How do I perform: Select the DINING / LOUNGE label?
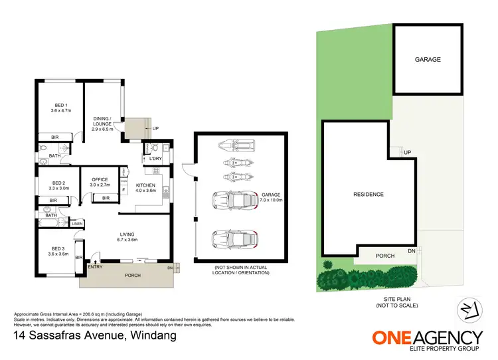click(106, 124)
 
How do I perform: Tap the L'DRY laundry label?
click(156, 159)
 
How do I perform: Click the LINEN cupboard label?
click(76, 224)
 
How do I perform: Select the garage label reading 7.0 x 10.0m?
click(270, 197)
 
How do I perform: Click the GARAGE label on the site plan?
click(428, 59)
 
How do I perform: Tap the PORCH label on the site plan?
click(385, 256)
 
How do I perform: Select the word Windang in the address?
click(150, 335)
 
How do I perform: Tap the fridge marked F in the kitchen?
click(124, 190)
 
